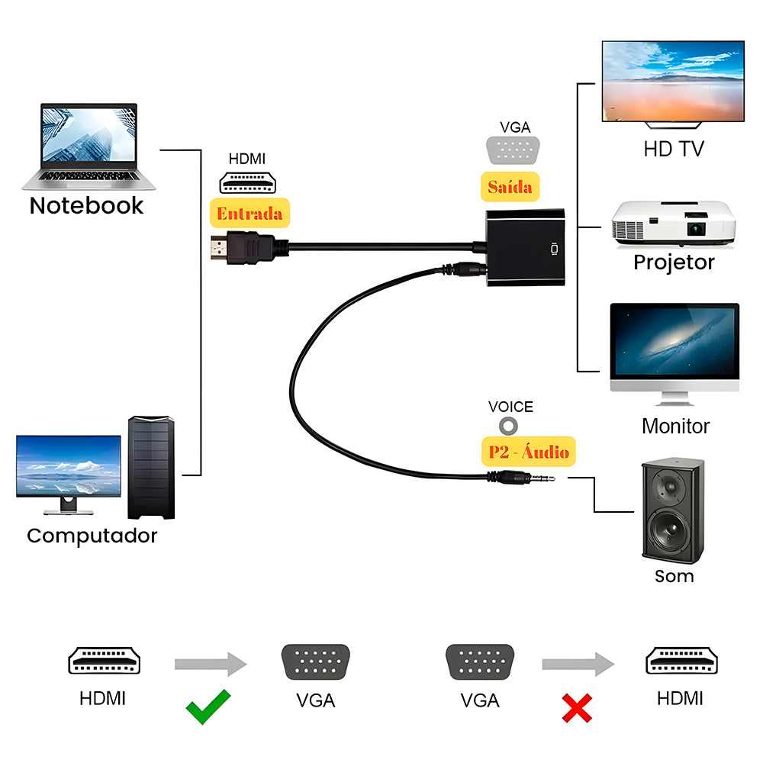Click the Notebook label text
[x=86, y=205]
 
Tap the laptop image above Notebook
[x=89, y=147]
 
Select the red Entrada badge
[x=250, y=214]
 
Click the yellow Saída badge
[x=510, y=186]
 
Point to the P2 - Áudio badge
[x=529, y=452]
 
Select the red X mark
[x=577, y=707]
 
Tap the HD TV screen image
[x=673, y=82]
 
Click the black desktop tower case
[x=151, y=467]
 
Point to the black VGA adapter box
[x=526, y=248]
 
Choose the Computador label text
[x=92, y=536]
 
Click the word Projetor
[x=674, y=262]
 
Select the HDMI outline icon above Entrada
[x=247, y=182]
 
